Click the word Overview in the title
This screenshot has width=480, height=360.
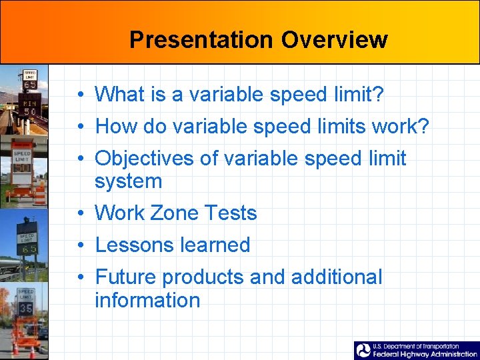334,39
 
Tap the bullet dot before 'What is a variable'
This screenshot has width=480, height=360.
79,95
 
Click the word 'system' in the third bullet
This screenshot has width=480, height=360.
128,181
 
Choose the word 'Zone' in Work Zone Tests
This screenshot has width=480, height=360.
175,213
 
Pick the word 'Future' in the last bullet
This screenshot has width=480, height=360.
125,277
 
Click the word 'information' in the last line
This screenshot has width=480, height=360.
147,300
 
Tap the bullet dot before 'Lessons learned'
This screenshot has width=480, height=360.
79,245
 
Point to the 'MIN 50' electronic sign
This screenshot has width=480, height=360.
30,107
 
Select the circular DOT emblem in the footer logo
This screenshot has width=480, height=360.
363,351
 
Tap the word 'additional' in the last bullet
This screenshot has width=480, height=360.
337,277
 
